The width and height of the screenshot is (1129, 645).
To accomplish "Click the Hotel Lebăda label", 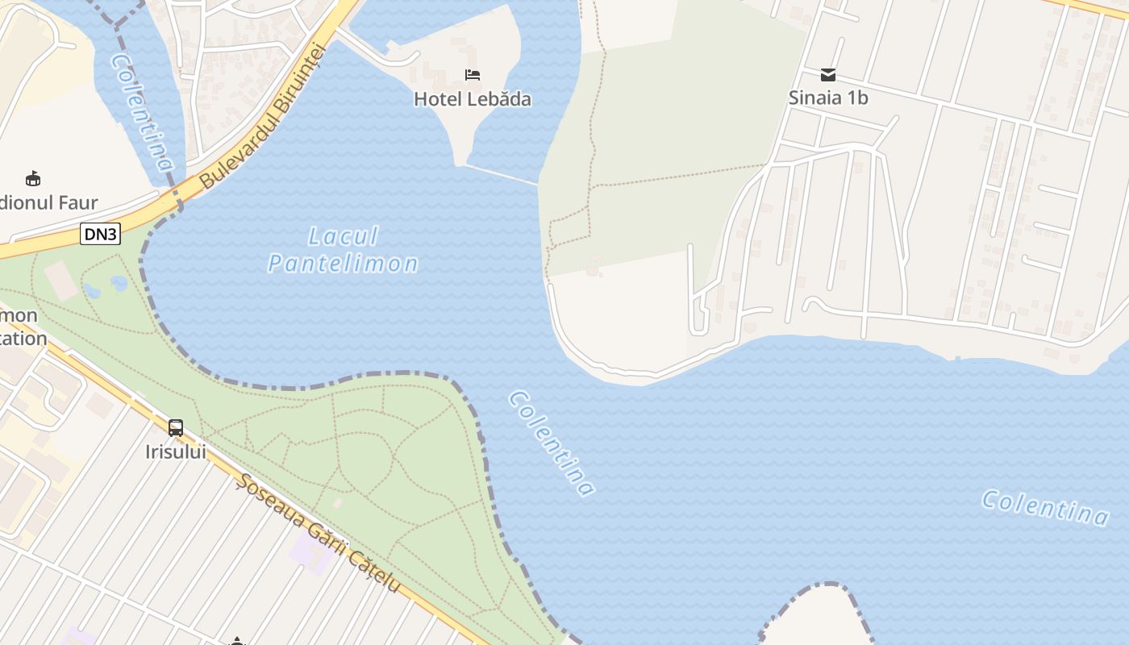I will click(473, 99).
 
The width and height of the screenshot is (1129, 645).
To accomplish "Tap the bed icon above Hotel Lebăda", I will click(473, 75).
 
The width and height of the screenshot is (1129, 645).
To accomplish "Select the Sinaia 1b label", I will click(828, 98).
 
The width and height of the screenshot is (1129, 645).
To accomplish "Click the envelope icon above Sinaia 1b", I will click(828, 75).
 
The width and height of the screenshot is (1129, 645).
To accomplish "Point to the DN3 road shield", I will click(100, 234).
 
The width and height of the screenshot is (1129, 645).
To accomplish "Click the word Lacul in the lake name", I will click(344, 237).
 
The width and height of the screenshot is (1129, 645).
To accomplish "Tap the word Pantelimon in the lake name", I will click(344, 264).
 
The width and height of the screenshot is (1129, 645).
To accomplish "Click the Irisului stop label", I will click(176, 451).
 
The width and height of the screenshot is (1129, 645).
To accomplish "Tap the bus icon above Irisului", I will click(176, 428).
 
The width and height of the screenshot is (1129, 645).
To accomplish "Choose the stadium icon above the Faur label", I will click(33, 178).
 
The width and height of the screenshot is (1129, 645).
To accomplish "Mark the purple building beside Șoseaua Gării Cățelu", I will click(310, 552).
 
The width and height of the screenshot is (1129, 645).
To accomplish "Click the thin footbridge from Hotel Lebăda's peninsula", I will click(502, 175).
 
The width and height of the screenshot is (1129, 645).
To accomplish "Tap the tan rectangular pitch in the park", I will click(61, 280).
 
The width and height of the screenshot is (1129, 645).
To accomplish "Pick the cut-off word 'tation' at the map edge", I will click(23, 339).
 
